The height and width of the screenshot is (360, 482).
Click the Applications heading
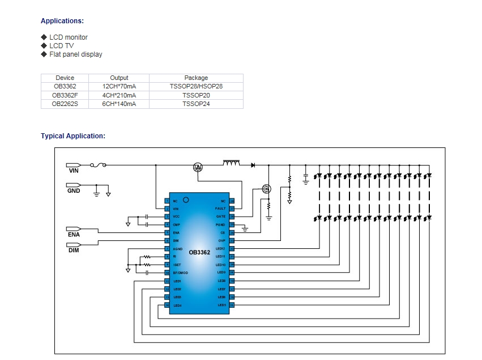pos(62,21)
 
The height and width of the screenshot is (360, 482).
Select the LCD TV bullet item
pos(61,46)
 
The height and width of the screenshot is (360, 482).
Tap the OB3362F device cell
pos(65,95)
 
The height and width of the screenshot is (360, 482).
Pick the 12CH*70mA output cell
pos(119,86)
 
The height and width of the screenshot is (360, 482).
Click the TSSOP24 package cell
pos(196,104)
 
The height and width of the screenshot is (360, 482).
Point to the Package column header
pos(196,78)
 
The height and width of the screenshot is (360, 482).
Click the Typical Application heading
pos(72,136)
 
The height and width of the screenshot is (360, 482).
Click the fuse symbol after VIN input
pos(101,166)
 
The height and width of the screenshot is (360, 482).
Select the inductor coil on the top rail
pos(231,164)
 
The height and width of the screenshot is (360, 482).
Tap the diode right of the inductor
pos(252,165)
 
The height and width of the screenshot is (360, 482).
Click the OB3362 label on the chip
pos(199,252)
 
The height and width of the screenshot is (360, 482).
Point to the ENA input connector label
pos(74,235)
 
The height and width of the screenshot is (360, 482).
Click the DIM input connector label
pos(74,250)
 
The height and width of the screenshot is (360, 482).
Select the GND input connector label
pos(74,191)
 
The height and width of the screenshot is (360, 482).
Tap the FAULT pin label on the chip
pos(220,209)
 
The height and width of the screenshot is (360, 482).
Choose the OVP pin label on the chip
pos(221,240)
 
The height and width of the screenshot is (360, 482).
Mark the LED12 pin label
pos(220,249)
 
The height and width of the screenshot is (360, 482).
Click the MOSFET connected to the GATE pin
pos(267,189)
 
